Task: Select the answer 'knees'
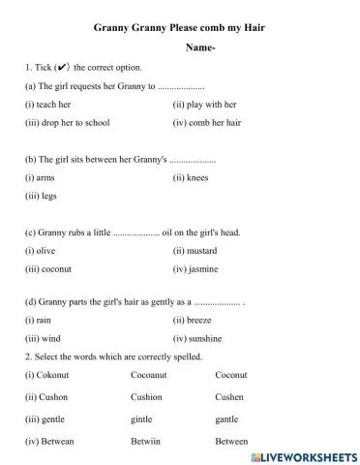pyautogui.click(x=197, y=177)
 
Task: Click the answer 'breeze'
pyautogui.click(x=199, y=320)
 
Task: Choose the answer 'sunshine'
pyautogui.click(x=204, y=338)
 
